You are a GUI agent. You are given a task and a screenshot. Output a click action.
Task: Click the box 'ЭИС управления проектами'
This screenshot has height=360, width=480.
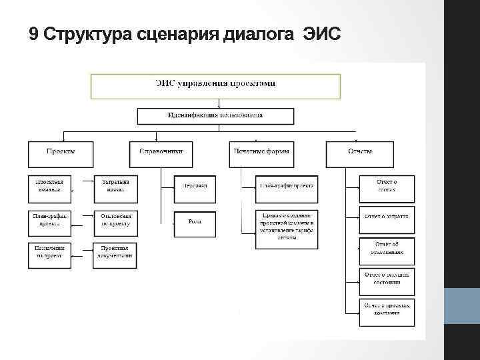coord(215,86)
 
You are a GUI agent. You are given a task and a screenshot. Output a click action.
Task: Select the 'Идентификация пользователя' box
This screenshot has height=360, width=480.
coord(215,115)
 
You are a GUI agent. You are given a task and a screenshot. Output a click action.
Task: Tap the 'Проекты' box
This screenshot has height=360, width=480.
coord(60,154)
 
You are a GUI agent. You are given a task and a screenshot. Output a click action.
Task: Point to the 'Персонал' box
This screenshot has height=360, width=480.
coord(195,187)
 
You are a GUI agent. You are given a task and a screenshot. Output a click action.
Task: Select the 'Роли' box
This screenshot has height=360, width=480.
coord(195,223)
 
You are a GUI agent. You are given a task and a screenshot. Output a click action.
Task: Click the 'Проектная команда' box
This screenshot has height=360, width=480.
coord(49,186)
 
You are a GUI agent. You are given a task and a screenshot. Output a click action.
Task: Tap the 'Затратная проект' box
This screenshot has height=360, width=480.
coord(115,186)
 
